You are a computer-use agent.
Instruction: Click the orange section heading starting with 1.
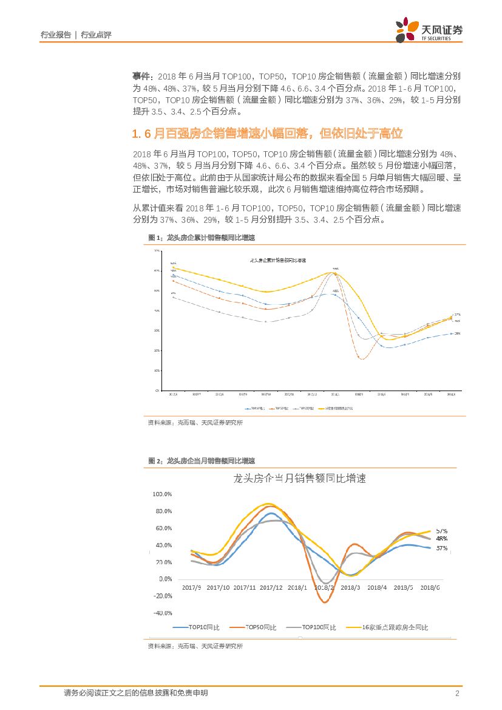268,133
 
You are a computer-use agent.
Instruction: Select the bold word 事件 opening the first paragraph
143,77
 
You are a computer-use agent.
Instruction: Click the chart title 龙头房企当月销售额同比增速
300,479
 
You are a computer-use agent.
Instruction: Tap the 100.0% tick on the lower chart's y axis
163,494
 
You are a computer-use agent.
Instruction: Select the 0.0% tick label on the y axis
165,579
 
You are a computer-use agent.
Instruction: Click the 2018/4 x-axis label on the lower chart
377,587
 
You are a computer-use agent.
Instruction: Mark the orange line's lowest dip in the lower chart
325,602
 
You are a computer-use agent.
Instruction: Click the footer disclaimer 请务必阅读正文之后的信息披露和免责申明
135,693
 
